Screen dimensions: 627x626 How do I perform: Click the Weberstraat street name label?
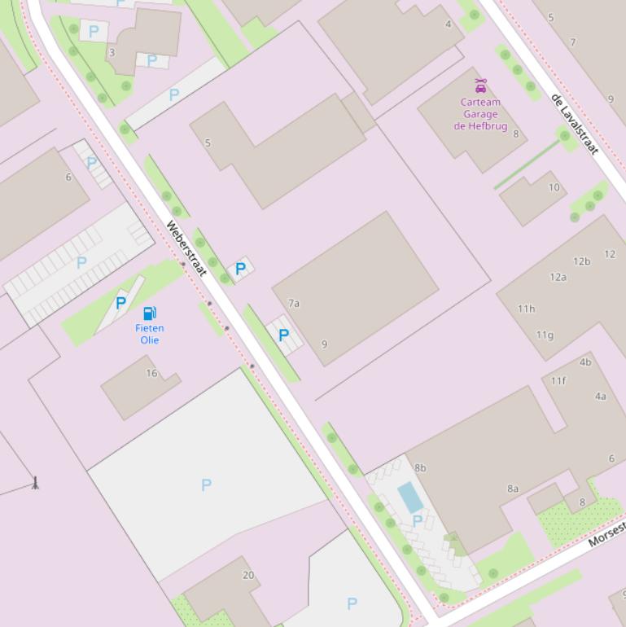click(187, 248)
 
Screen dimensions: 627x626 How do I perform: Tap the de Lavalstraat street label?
click(575, 124)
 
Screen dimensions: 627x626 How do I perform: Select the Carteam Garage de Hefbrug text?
click(480, 114)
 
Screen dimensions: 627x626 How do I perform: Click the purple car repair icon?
click(480, 85)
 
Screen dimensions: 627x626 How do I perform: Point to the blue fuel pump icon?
click(150, 313)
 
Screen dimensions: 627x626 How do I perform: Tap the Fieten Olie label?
click(150, 334)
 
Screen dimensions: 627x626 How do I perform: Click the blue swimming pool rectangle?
click(410, 497)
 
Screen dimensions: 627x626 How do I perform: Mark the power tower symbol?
click(35, 482)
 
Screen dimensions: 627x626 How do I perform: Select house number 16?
click(151, 374)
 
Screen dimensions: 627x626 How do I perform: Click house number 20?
click(248, 575)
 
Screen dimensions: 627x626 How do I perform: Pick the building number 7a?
click(294, 304)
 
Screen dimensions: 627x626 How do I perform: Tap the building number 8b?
click(420, 468)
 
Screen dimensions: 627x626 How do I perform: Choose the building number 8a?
click(513, 489)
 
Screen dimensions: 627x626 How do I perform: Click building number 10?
click(554, 187)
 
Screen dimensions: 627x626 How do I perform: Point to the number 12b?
click(581, 261)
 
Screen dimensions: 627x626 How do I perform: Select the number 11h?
click(527, 309)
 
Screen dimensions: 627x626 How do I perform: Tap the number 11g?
click(545, 335)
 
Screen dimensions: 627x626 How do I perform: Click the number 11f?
click(558, 380)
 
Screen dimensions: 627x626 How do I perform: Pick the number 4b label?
click(585, 362)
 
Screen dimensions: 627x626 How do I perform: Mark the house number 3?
click(112, 52)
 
